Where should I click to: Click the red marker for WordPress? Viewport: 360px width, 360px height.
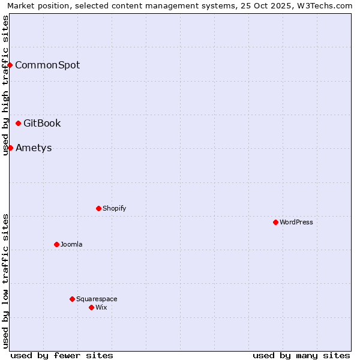275,222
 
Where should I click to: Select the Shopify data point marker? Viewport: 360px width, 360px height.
98,208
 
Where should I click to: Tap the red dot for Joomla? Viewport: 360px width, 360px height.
56,244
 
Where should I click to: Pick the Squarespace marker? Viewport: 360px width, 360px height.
72,299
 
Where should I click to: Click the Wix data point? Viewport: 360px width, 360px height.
91,307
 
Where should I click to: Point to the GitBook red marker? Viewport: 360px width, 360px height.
18,123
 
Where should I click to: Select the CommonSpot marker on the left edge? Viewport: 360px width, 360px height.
10,65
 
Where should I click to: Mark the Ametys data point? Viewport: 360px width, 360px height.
10,148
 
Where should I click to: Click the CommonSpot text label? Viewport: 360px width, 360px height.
47,65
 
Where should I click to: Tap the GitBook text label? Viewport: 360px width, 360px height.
42,123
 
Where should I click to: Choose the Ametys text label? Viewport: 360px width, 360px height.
34,148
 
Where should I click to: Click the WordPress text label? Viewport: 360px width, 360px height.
296,222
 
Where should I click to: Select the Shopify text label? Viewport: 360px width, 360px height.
115,208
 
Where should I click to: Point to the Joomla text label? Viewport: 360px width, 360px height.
71,244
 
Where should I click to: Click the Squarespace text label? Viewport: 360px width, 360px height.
97,299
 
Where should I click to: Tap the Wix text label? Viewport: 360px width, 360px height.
101,307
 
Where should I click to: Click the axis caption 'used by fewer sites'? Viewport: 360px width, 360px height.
62,355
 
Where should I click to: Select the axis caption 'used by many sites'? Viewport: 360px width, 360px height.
301,355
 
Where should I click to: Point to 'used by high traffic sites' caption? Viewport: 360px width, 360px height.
5,85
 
